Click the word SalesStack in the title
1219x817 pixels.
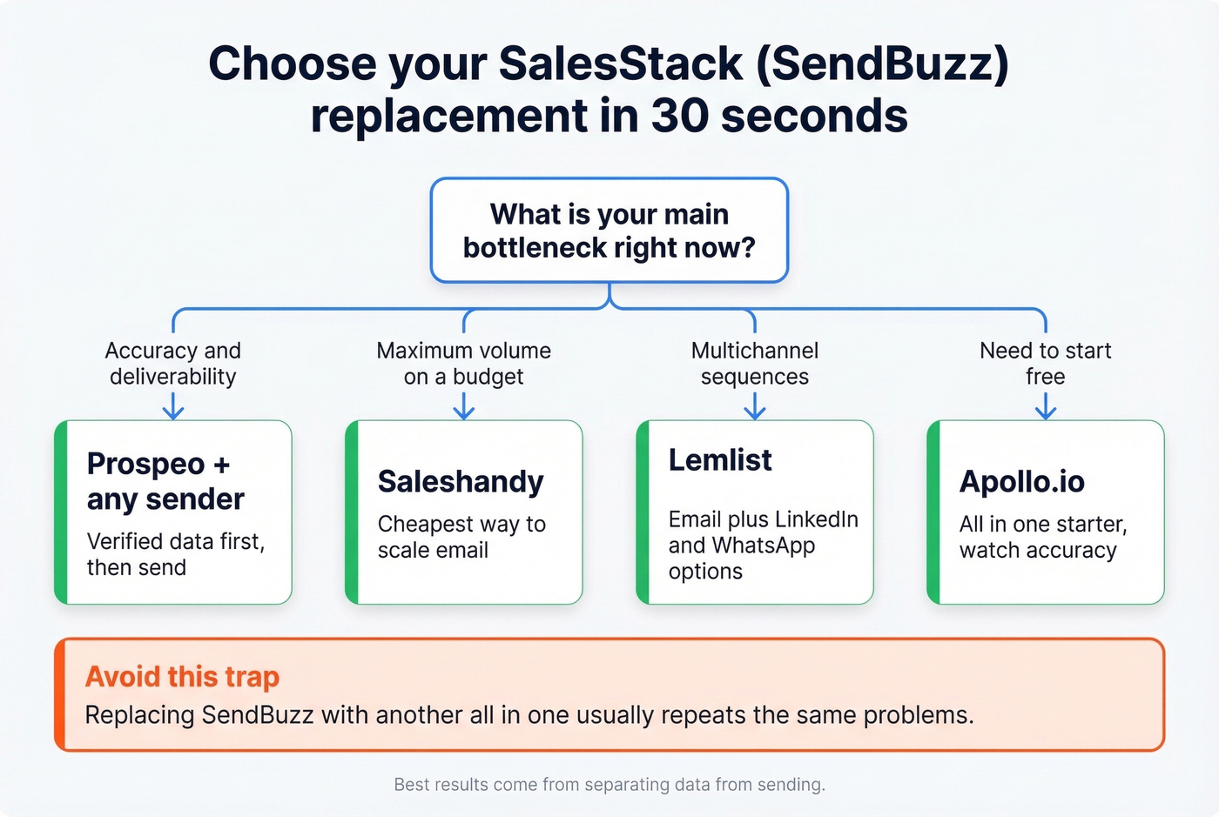pos(621,64)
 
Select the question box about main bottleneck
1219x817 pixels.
pos(609,231)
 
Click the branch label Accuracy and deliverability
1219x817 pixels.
pos(172,364)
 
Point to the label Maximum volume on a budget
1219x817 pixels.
pos(463,364)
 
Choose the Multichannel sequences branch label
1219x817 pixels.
pos(754,364)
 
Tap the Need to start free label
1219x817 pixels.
pos(1045,364)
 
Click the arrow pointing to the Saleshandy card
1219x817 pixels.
pos(463,405)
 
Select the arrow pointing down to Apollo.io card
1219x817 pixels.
pos(1045,405)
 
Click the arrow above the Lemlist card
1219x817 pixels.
pos(754,405)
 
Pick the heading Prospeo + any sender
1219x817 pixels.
pos(165,481)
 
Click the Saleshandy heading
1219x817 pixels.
pos(461,481)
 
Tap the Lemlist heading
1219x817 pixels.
pos(720,460)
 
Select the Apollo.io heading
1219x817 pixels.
pos(1021,481)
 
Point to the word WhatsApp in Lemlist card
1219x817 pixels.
pos(763,546)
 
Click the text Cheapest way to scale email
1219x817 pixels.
pos(461,537)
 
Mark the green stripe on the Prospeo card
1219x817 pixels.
pos(60,512)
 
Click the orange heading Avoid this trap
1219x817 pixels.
pos(182,676)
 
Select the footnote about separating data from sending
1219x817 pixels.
pos(609,785)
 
